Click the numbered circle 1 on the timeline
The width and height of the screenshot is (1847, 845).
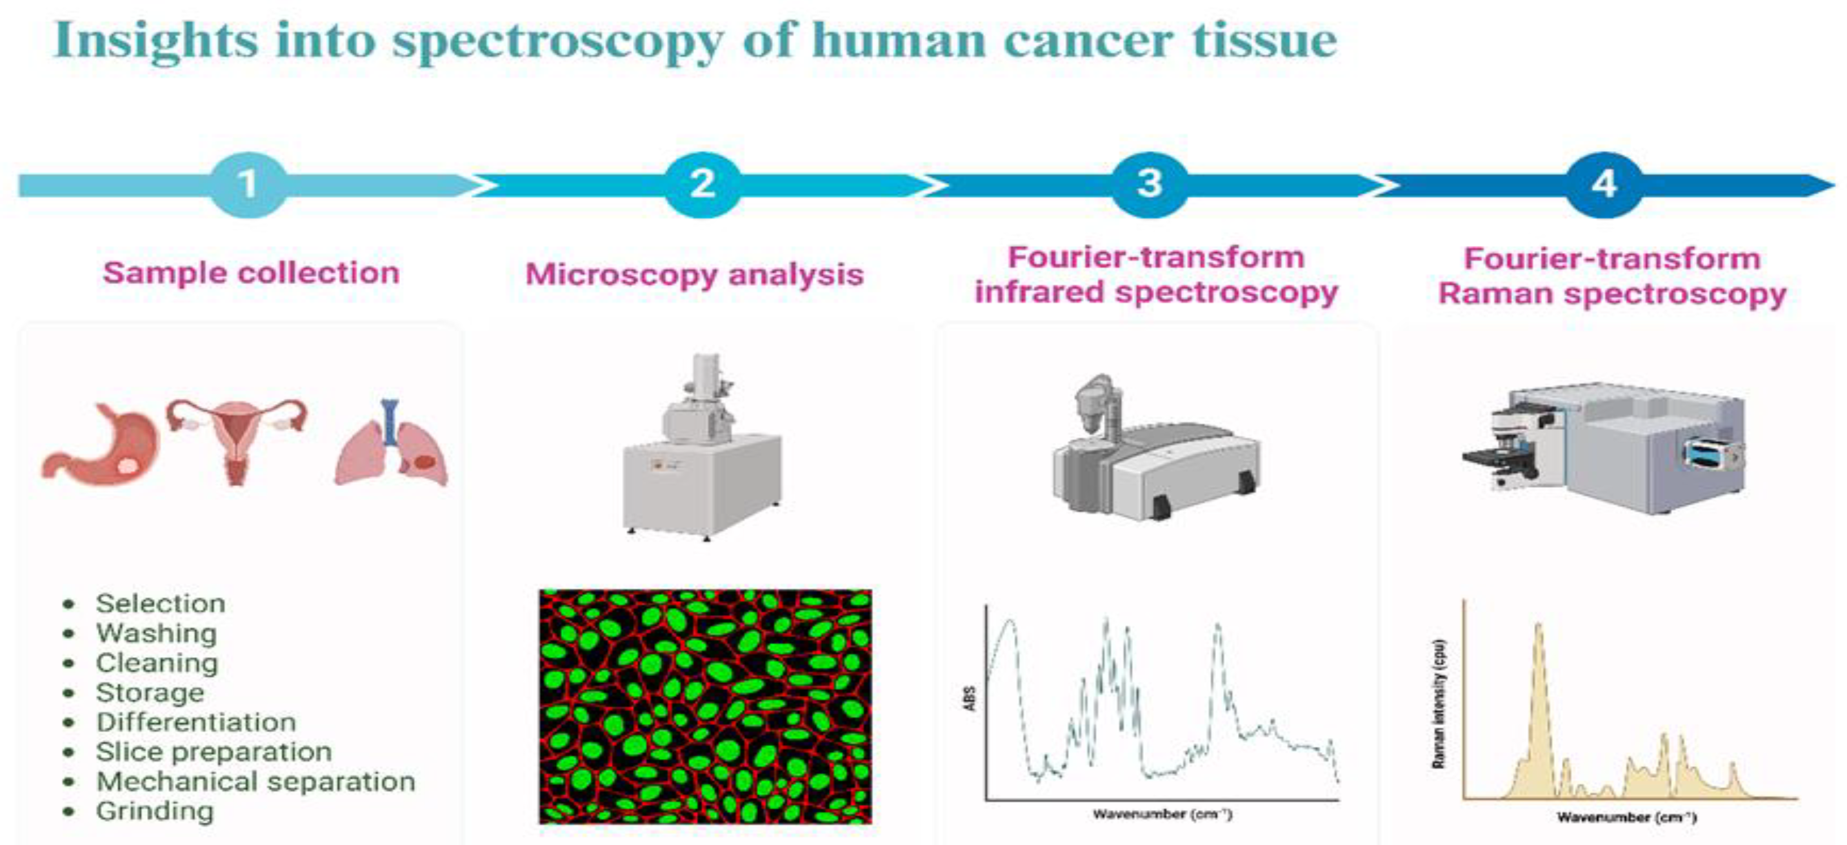(248, 185)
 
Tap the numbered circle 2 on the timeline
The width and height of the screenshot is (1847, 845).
(702, 185)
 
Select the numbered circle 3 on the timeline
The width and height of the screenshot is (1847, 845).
(1150, 185)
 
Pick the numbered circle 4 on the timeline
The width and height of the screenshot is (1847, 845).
(1604, 185)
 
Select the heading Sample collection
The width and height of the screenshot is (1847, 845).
(251, 273)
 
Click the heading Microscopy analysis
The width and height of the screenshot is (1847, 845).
(694, 275)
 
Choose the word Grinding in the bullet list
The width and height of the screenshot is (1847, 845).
(155, 811)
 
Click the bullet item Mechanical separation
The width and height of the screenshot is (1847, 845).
(256, 781)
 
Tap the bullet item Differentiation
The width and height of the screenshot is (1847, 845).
(195, 722)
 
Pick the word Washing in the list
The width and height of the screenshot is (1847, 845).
(156, 633)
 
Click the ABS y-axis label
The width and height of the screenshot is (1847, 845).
(970, 698)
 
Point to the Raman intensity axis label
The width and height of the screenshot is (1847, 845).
(1437, 704)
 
